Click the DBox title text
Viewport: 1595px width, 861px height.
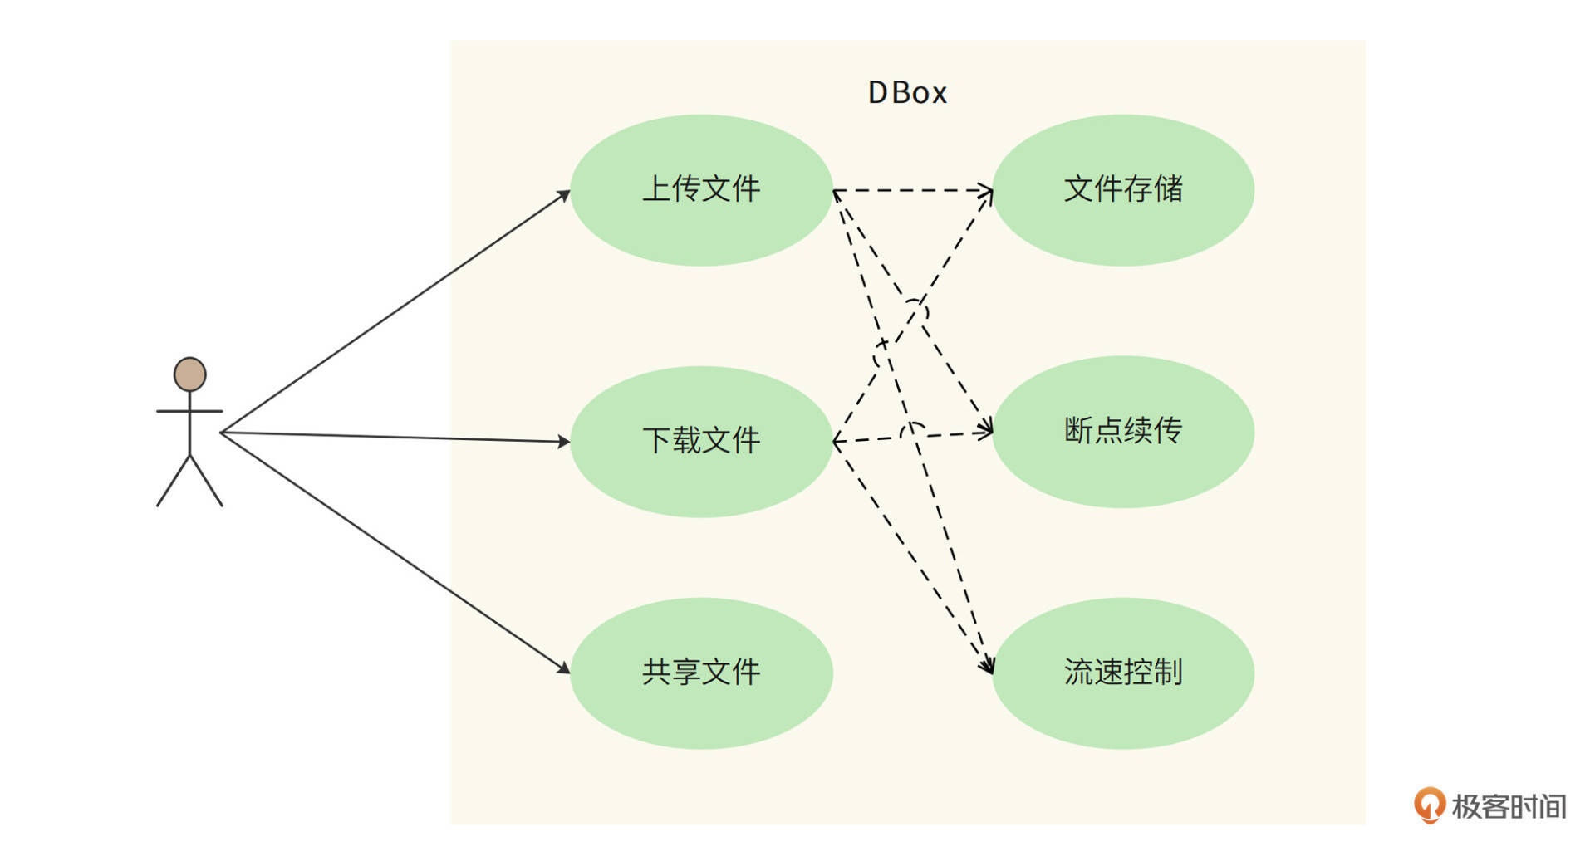906,92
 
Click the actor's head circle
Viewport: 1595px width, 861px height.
189,374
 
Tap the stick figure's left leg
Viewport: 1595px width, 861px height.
173,481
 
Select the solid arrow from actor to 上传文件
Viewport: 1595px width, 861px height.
395,312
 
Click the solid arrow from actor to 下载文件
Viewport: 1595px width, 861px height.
395,437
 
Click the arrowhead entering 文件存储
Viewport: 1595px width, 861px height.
987,192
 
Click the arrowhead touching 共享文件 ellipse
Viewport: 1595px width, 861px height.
564,668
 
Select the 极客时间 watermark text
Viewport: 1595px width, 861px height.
1509,806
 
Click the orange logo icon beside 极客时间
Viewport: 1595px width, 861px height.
1429,805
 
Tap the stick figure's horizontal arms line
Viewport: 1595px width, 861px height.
189,411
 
